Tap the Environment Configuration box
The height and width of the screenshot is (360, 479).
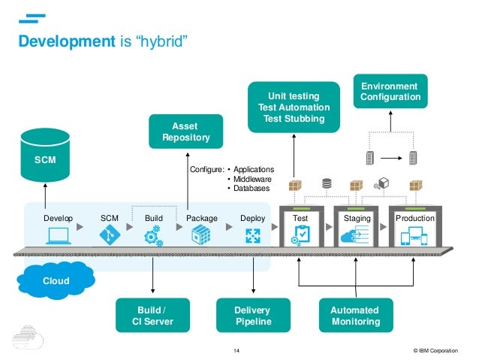coord(390,92)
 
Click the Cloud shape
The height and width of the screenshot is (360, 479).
coord(56,280)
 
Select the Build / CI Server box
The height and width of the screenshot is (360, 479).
coord(152,316)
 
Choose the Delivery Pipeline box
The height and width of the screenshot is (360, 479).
coord(252,316)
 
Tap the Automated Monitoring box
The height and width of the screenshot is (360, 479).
coord(354,316)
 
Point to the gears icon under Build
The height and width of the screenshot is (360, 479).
coord(154,237)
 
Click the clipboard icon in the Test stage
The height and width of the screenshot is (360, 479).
coord(300,236)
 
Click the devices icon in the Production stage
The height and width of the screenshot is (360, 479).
coord(415,237)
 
